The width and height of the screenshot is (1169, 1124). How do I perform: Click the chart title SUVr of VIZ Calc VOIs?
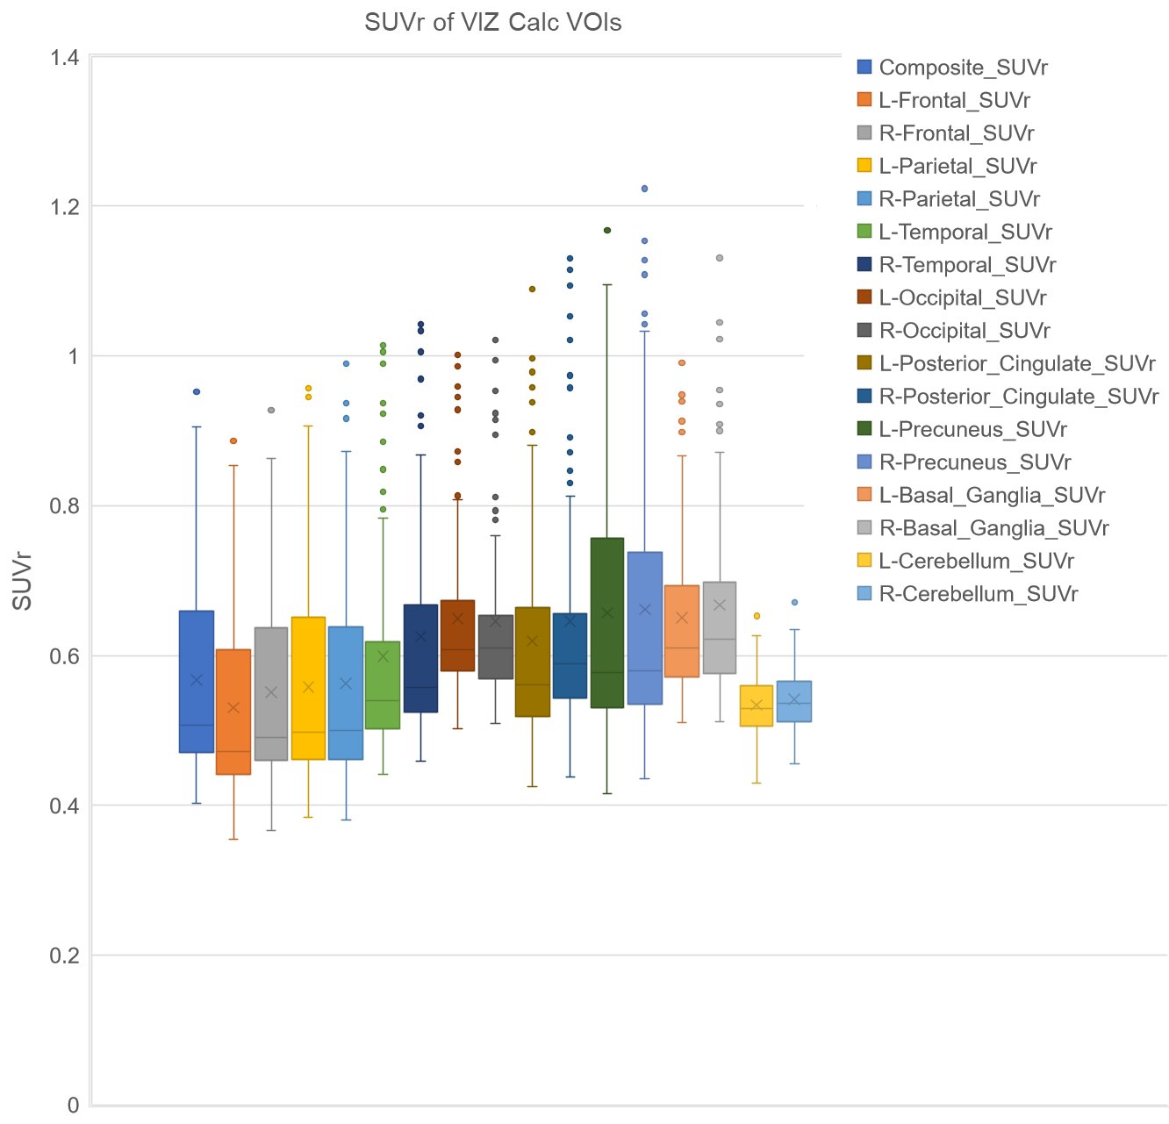[x=492, y=22]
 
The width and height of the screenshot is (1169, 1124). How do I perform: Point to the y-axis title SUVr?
[x=22, y=581]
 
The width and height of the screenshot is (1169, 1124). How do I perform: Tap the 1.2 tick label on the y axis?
[x=64, y=207]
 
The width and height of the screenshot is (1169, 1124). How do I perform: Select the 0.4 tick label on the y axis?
[x=64, y=805]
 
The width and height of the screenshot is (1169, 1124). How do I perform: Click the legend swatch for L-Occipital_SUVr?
[x=864, y=297]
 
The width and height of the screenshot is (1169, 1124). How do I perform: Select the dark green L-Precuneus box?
[x=606, y=622]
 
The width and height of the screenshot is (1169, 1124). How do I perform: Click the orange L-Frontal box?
[x=233, y=712]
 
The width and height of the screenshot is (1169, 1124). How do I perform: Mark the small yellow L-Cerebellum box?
[x=757, y=705]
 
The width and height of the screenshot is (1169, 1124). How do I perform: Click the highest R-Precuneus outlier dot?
[x=644, y=189]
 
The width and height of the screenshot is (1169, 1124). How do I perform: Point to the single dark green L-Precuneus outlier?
[x=606, y=230]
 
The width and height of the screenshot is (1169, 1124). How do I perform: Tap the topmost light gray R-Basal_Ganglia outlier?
[x=719, y=258]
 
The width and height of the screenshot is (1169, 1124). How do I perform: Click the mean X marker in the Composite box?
[x=197, y=680]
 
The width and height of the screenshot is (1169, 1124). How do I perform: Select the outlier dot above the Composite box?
[x=197, y=391]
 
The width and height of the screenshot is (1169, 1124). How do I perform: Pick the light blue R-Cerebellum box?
[x=794, y=701]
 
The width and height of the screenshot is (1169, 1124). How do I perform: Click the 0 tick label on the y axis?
[x=74, y=1105]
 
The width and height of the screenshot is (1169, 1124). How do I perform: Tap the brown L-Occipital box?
[x=457, y=635]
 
